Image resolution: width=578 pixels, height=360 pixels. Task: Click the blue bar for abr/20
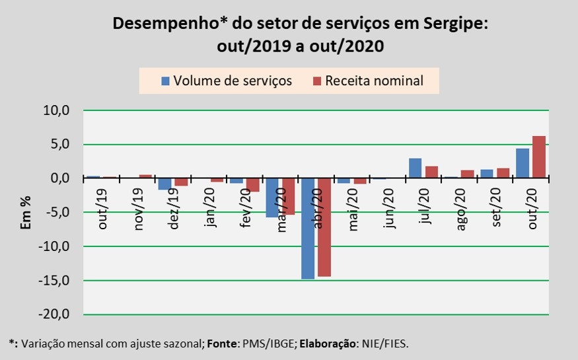pos(308,229)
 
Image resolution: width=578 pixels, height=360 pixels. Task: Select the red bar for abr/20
pos(324,227)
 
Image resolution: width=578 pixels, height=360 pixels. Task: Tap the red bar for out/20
pos(539,157)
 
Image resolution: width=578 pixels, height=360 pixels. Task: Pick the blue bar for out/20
pos(523,163)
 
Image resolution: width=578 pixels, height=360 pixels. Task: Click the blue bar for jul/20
pos(415,168)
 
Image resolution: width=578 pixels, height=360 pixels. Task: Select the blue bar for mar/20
pos(272,198)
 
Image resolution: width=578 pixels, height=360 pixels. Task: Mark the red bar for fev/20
pos(253,185)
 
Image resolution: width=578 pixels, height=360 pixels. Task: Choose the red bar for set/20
pos(503,173)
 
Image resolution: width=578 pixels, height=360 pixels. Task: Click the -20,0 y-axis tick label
pos(56,315)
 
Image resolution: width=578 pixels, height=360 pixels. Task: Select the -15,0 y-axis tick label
pos(56,281)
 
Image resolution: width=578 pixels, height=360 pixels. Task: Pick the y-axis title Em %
pos(27,213)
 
